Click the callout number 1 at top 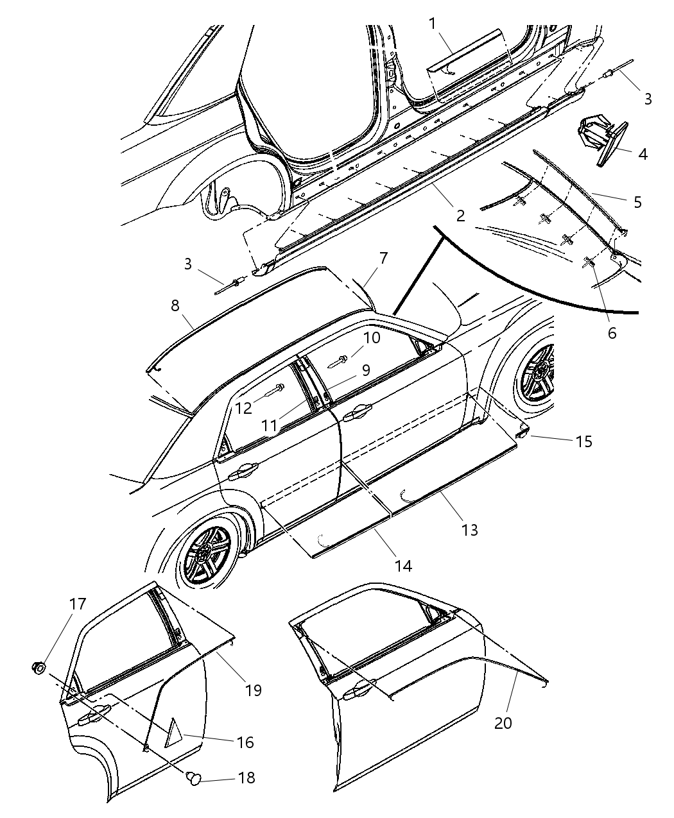[x=433, y=24]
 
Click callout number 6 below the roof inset [x=611, y=333]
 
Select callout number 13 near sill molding [x=470, y=530]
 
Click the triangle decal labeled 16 [x=173, y=733]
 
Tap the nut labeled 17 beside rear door [x=39, y=669]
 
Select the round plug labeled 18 [x=192, y=778]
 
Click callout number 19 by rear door [x=253, y=690]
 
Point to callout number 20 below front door [x=503, y=722]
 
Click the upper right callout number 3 [x=648, y=99]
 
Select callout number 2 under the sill [x=460, y=216]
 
